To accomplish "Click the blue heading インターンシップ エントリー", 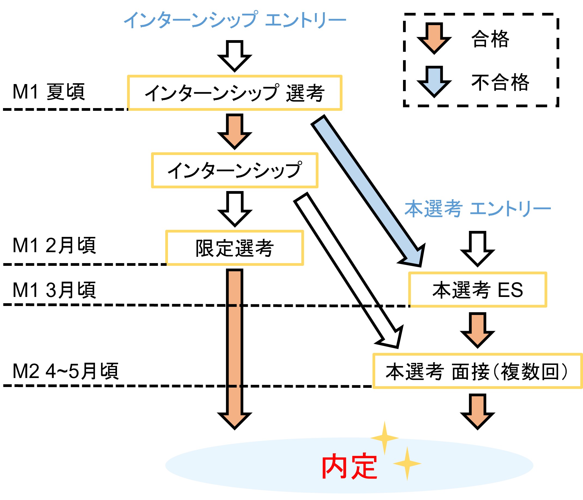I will tap(235, 20).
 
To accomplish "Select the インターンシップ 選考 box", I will tap(235, 93).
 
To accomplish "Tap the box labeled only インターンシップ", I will tap(235, 170).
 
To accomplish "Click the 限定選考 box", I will tap(235, 248).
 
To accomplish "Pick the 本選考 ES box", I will tap(477, 290).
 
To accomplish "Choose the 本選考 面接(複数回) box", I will tap(477, 371).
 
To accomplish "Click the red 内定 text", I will tap(349, 466).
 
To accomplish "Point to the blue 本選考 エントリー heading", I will tap(477, 209).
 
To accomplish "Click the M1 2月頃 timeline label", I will tap(54, 245).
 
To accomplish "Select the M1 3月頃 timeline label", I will tap(54, 290).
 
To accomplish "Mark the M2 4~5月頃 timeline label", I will tap(65, 371).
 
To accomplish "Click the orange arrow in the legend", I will tap(434, 38).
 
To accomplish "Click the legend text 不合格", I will tap(500, 82).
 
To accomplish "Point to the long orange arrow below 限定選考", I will tap(235, 346).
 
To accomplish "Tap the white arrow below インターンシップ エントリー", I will tap(235, 55).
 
